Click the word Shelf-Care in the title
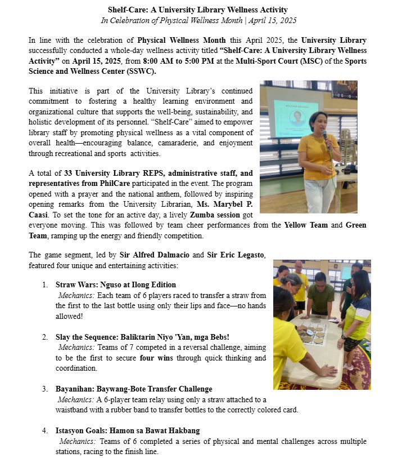click(x=127, y=10)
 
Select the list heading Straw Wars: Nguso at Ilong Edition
click(x=115, y=284)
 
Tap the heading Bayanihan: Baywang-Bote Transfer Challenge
click(x=134, y=389)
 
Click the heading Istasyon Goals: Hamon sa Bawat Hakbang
click(x=128, y=430)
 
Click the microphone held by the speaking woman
click(x=324, y=137)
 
